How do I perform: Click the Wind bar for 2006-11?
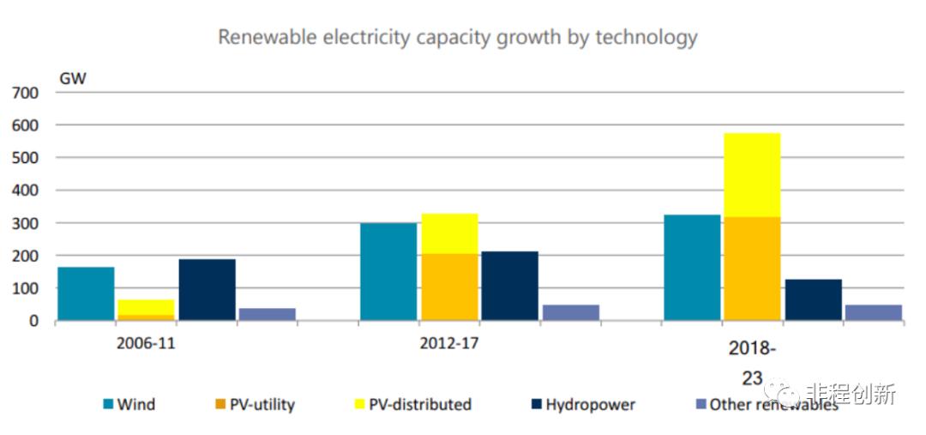coord(86,293)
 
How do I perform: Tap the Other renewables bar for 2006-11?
coord(268,314)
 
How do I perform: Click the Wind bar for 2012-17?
coord(388,271)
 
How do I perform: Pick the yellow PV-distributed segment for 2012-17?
coord(449,233)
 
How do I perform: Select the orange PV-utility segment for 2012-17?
coord(449,287)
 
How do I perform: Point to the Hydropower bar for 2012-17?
coord(510,286)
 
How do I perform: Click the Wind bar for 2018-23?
coord(692,267)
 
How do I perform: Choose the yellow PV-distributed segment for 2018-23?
coord(752,175)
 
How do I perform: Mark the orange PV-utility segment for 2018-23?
coord(752,269)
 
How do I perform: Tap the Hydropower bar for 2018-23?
coord(813,299)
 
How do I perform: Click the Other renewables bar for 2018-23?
coord(874,312)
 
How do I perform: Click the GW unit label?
coord(72,78)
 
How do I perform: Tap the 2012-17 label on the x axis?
coord(449,344)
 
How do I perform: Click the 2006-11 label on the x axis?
coord(146,344)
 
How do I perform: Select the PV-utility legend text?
coord(262,404)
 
